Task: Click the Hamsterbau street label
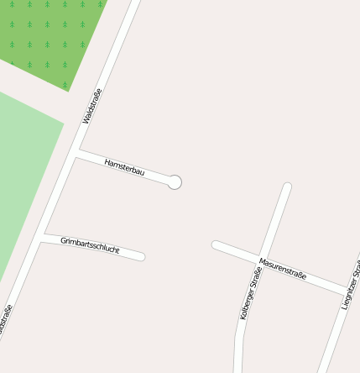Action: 124,166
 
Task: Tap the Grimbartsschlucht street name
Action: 90,245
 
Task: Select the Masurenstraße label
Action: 283,269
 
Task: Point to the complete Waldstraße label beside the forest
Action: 91,106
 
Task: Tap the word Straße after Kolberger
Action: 253,277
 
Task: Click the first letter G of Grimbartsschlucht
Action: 63,240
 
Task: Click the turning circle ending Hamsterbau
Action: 175,181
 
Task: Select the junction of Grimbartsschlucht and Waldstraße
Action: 40,236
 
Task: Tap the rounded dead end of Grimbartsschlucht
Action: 142,256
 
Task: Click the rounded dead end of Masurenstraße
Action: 216,244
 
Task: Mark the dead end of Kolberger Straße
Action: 287,186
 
